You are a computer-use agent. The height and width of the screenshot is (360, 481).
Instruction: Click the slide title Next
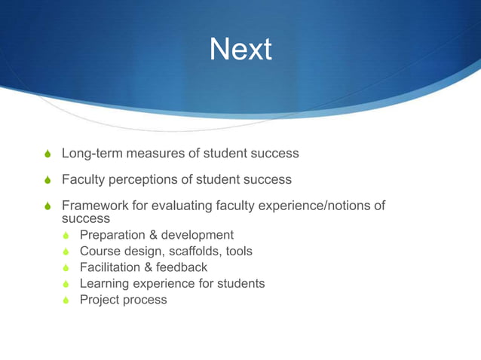[240, 50]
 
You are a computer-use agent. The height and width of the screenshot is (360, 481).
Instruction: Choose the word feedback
[182, 267]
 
